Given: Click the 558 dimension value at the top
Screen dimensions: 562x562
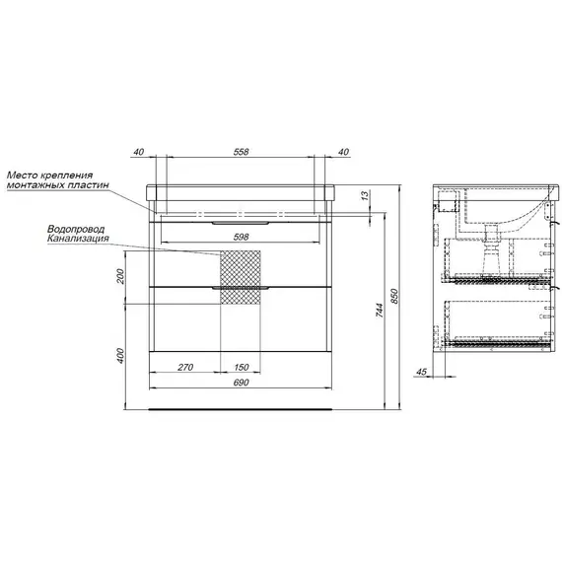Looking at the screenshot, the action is [x=241, y=152].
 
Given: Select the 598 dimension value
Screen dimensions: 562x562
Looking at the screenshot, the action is [x=241, y=237].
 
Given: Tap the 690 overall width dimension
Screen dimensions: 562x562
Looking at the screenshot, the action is [x=241, y=383].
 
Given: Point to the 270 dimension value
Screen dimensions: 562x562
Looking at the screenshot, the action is [x=185, y=367].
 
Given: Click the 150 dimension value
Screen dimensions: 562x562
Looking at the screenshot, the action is [x=242, y=367].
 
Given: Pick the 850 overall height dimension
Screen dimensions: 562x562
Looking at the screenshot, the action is [x=394, y=296].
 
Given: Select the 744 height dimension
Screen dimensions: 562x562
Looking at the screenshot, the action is [x=380, y=310].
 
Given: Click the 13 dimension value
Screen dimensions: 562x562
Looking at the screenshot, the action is [x=364, y=195].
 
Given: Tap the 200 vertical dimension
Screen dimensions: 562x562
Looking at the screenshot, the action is [x=120, y=276].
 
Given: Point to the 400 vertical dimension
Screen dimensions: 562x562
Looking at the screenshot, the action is [x=120, y=356].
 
